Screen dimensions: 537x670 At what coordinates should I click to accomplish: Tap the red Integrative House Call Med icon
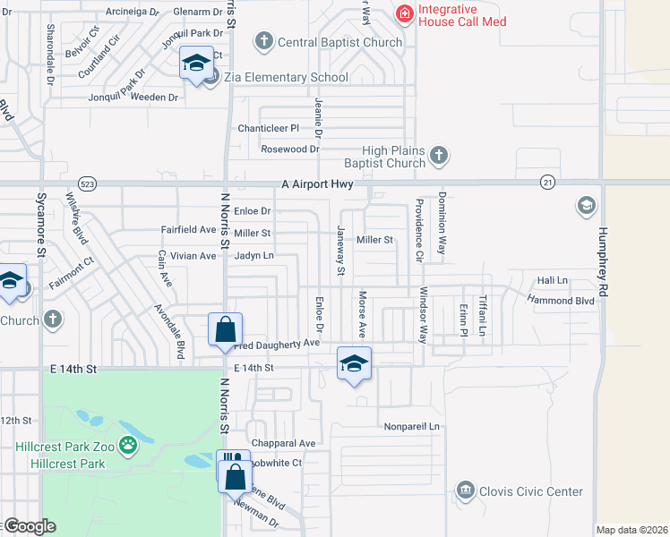(405, 14)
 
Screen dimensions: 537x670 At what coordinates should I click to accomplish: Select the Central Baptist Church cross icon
(264, 40)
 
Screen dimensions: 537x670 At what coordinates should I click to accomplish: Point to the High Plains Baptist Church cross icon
(438, 157)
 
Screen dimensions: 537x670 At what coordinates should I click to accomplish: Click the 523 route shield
(87, 183)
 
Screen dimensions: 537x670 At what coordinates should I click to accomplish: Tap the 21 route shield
(546, 183)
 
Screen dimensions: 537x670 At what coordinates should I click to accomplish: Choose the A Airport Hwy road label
(317, 184)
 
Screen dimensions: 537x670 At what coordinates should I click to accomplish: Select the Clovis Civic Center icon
(465, 490)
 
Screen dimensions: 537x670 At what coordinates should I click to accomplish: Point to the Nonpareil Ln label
(411, 427)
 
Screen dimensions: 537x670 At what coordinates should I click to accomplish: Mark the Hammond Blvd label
(562, 302)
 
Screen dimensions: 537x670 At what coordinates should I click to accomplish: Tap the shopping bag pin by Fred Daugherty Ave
(225, 329)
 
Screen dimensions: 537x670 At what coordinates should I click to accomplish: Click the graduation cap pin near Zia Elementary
(196, 64)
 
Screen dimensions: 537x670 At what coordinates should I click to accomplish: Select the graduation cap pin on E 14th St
(355, 363)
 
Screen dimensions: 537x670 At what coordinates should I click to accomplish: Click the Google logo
(30, 526)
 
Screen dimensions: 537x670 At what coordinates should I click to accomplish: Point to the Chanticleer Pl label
(268, 128)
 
